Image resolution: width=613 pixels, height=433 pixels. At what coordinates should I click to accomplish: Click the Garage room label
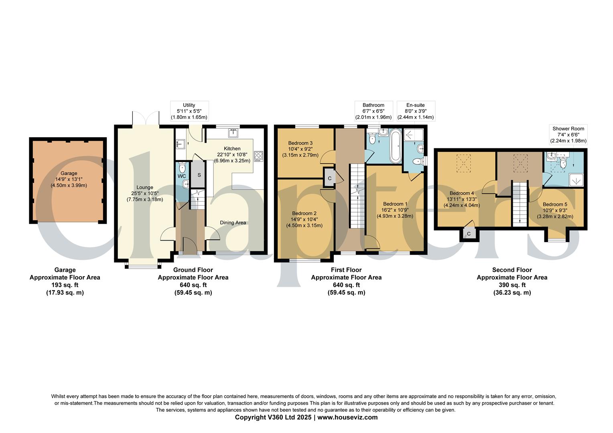(69, 174)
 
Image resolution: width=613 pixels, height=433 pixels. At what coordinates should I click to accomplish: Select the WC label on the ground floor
(182, 176)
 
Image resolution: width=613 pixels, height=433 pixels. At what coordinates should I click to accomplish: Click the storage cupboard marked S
(199, 175)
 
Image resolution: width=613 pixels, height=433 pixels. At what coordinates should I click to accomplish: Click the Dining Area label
(233, 223)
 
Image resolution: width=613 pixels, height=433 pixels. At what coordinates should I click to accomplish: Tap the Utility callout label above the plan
(189, 105)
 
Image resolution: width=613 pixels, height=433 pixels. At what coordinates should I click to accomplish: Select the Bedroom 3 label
(300, 143)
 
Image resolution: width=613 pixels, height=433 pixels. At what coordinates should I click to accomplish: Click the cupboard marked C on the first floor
(329, 178)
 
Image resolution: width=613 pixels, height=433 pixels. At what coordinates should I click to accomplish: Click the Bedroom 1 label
(395, 204)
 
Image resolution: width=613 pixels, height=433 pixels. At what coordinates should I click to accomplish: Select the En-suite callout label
(416, 105)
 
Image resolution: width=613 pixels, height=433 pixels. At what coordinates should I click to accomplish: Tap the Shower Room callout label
(568, 129)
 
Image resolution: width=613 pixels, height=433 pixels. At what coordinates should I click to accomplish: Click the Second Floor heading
(512, 270)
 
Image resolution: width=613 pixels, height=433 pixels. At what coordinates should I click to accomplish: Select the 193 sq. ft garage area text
(65, 285)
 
